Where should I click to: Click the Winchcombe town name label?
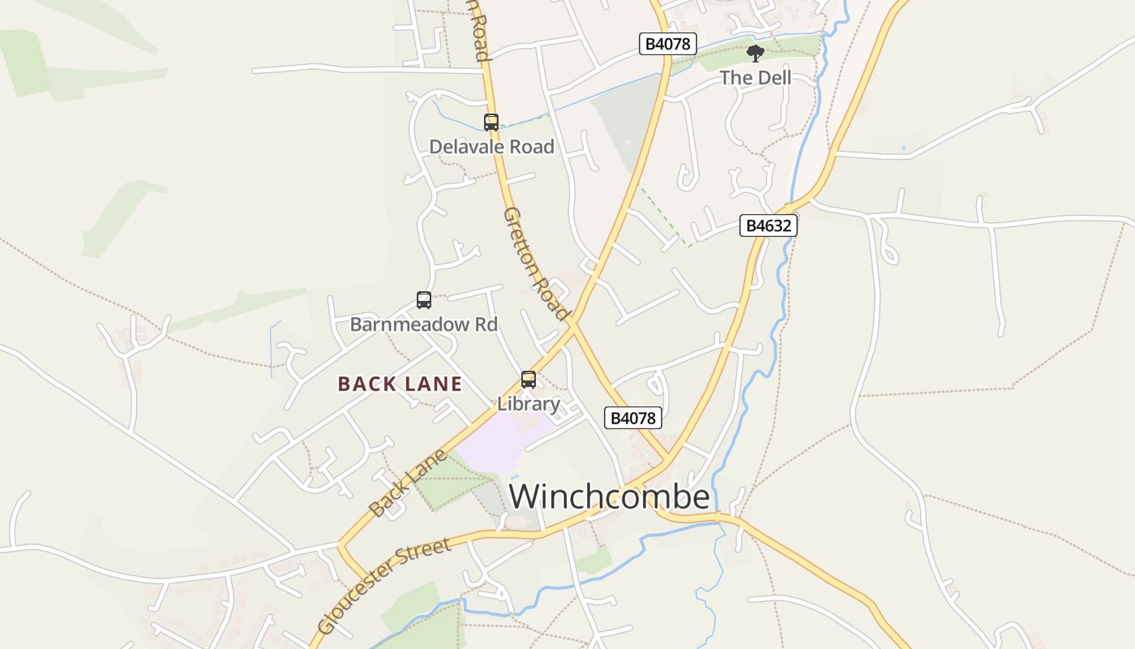(610, 496)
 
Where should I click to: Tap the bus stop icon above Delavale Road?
(491, 122)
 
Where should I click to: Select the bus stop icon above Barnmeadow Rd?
(424, 300)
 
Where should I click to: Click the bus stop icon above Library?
(529, 379)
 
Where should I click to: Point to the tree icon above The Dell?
(756, 54)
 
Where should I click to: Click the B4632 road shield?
(768, 226)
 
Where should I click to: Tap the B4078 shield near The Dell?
(668, 44)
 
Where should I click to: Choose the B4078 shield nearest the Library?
(633, 418)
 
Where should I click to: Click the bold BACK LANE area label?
(400, 384)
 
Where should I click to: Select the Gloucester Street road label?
(384, 585)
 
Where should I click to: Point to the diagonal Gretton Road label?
(535, 263)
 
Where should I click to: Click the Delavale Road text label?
(491, 147)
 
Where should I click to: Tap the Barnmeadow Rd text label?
(423, 324)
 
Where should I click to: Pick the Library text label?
(529, 403)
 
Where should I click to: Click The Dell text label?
(756, 78)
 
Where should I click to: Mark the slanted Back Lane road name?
(407, 484)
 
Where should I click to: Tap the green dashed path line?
(665, 216)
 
